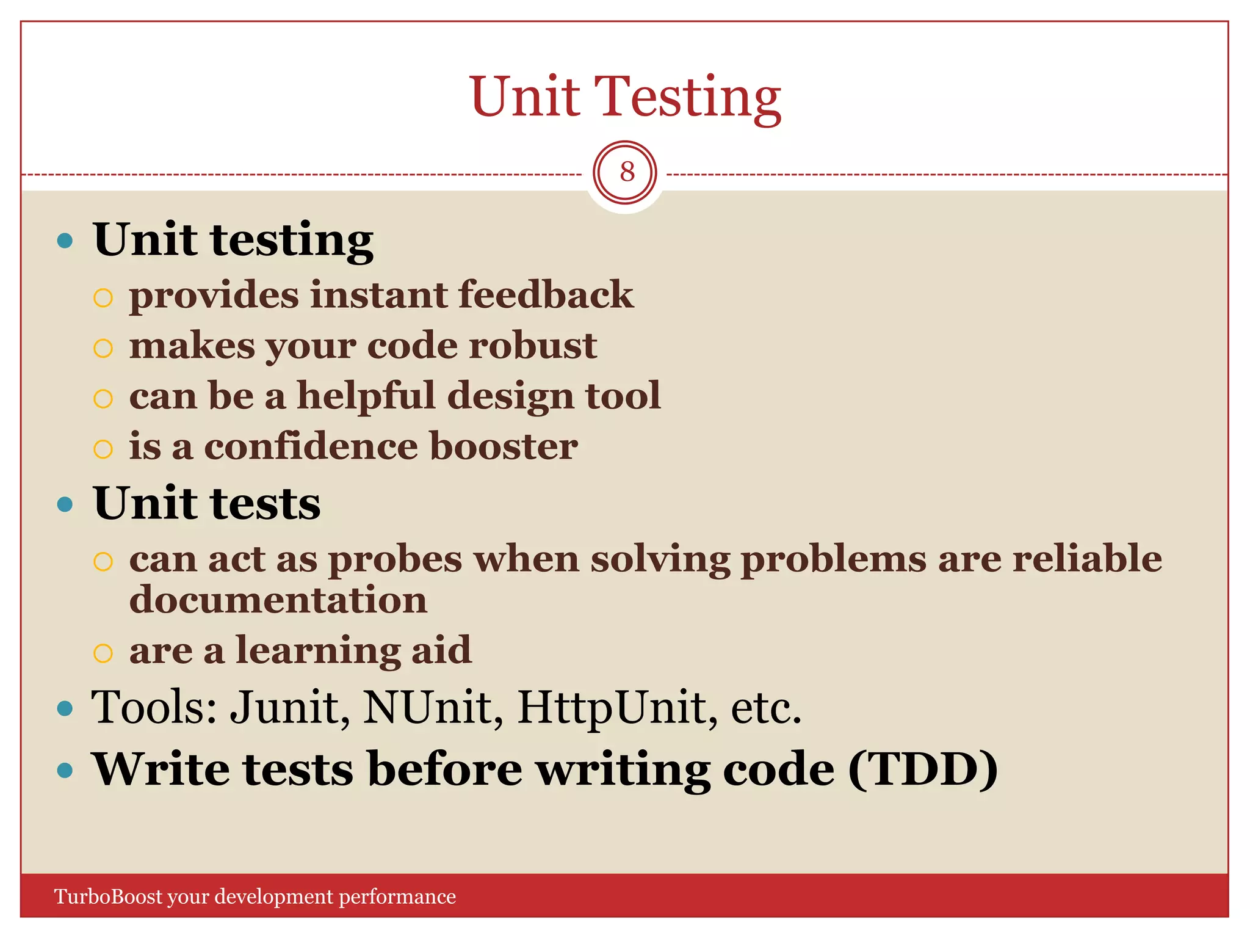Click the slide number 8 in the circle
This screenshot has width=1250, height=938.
[x=626, y=173]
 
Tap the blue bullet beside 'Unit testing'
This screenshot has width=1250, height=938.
[x=65, y=240]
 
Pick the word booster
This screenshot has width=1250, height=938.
[x=504, y=446]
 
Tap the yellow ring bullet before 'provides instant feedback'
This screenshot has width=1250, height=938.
[x=103, y=298]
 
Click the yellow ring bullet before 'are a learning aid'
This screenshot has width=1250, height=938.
[x=103, y=653]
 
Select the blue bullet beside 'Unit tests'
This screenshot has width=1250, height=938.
[x=65, y=504]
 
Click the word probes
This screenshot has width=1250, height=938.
[x=396, y=560]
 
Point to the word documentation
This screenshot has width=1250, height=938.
[x=278, y=600]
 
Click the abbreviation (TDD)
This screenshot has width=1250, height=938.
[x=923, y=769]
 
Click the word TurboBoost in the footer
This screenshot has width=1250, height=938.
[x=109, y=896]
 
